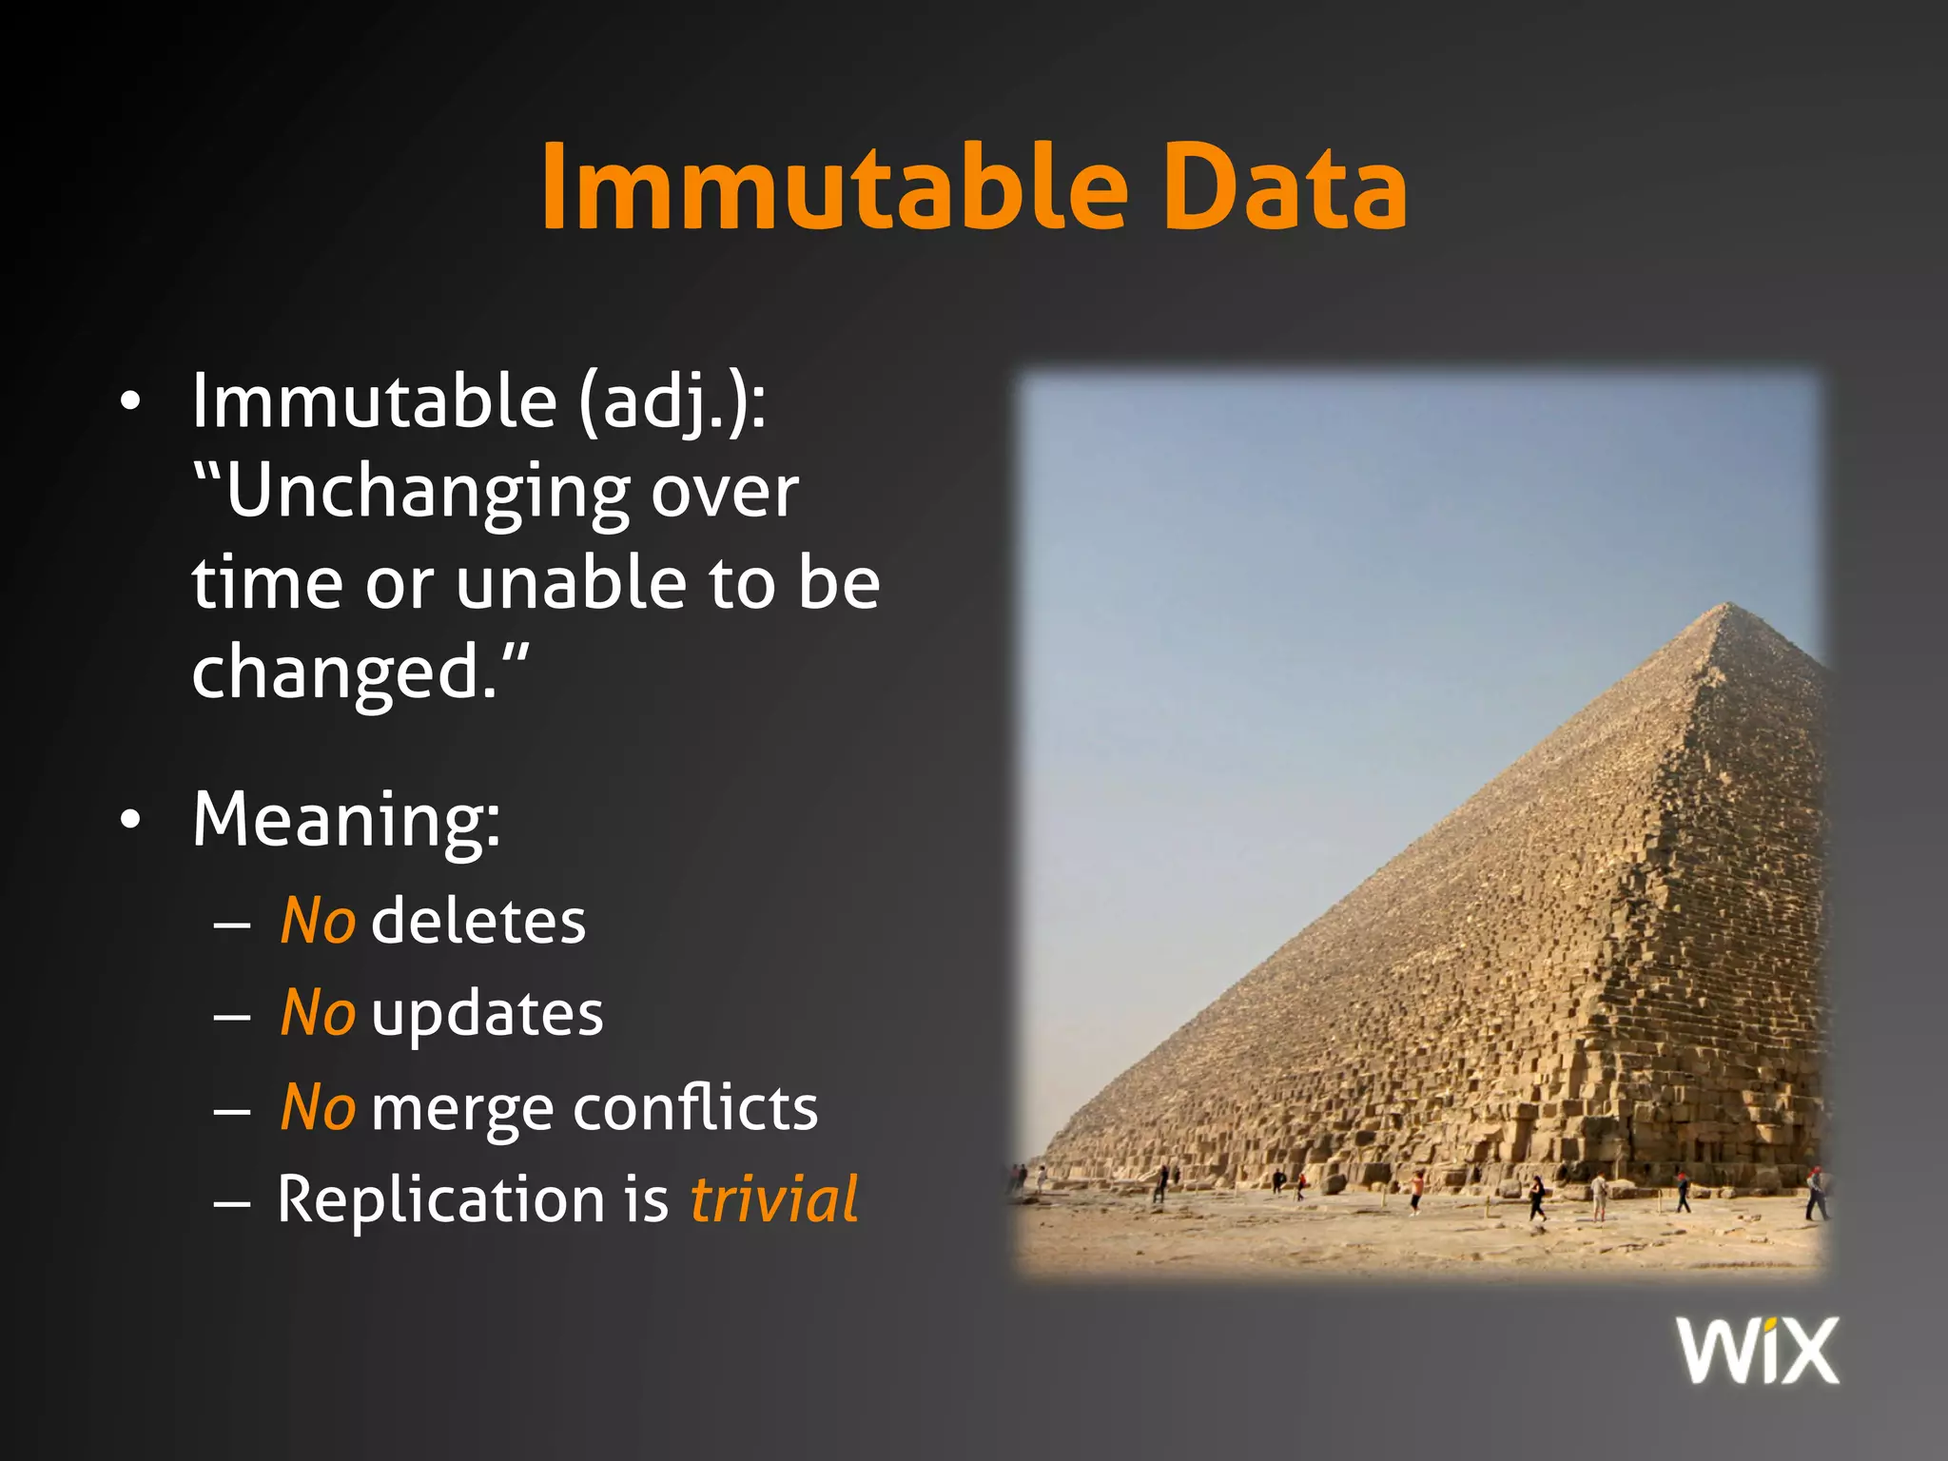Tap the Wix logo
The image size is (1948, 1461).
pyautogui.click(x=1758, y=1350)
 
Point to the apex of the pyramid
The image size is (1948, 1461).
pyautogui.click(x=1728, y=604)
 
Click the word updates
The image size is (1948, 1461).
pyautogui.click(x=487, y=1014)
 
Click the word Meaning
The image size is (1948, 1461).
pyautogui.click(x=345, y=820)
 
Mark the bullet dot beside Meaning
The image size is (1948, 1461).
pyautogui.click(x=131, y=820)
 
